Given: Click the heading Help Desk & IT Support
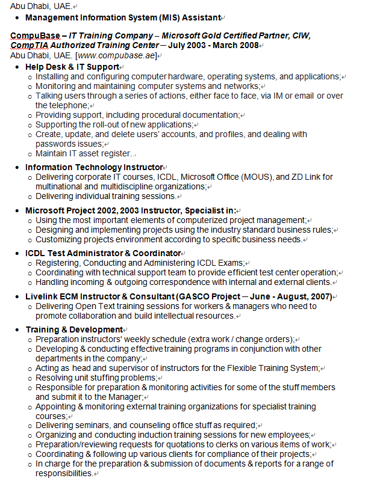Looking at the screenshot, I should [72, 67].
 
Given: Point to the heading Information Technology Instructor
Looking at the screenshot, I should [94, 167].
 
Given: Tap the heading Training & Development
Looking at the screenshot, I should [73, 329].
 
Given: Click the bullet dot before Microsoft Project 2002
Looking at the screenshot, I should [17, 211].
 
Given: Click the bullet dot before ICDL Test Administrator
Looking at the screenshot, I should [17, 254].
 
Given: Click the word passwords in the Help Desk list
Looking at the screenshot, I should [56, 144].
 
